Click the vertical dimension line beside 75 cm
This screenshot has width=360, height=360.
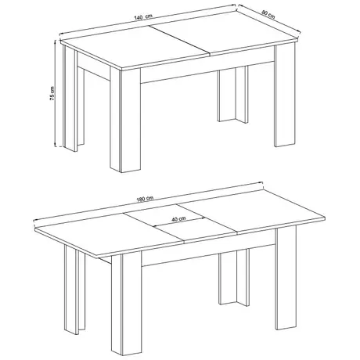point(58,94)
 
